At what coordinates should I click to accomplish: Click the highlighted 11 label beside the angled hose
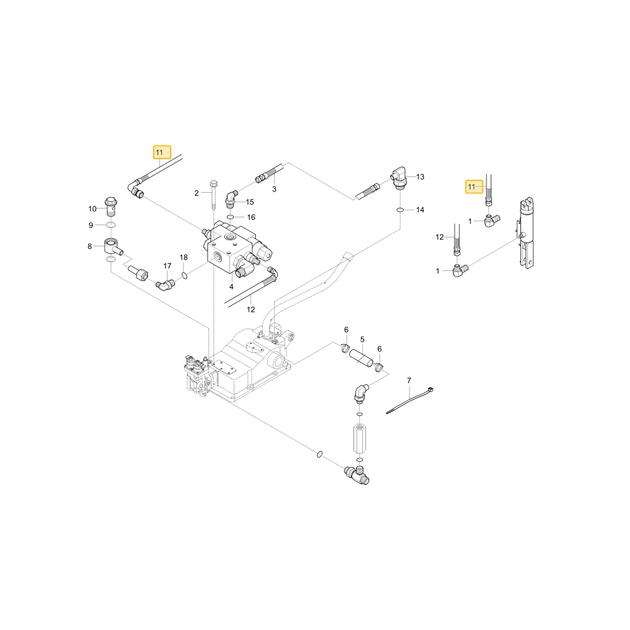coord(162,152)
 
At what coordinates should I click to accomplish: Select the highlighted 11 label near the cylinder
coord(474,187)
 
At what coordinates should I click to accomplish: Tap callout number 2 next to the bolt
coord(197,193)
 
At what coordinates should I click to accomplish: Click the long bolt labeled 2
coord(214,195)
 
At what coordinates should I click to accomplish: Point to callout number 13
coord(420,177)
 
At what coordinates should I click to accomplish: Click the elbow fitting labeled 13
coord(399,177)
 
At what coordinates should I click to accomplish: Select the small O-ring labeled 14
coord(400,210)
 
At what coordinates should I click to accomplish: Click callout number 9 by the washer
coord(91,226)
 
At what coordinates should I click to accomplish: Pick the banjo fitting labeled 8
coord(113,246)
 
